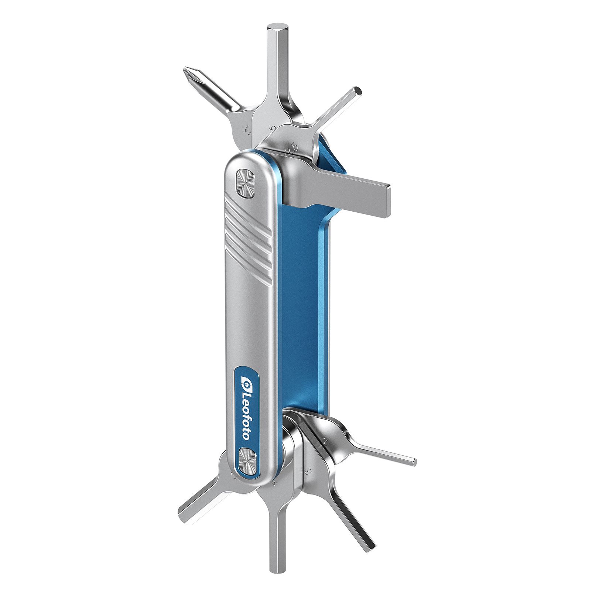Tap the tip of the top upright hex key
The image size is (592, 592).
(x=275, y=28)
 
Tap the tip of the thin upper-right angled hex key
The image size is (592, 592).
(x=358, y=90)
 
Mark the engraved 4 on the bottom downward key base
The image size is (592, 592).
(x=273, y=482)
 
